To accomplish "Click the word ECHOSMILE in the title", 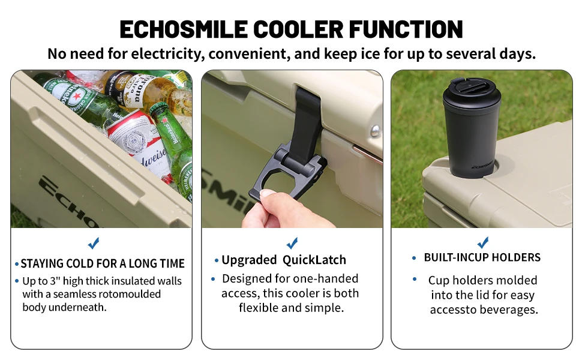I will click(x=183, y=28).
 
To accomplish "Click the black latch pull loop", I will click(x=282, y=179).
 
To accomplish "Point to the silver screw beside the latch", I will click(x=375, y=130).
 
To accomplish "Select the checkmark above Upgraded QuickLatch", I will click(x=292, y=243).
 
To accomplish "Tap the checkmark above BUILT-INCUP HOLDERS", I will click(x=483, y=243).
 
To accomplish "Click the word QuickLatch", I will click(x=315, y=260).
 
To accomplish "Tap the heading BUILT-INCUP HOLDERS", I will click(x=482, y=257).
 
